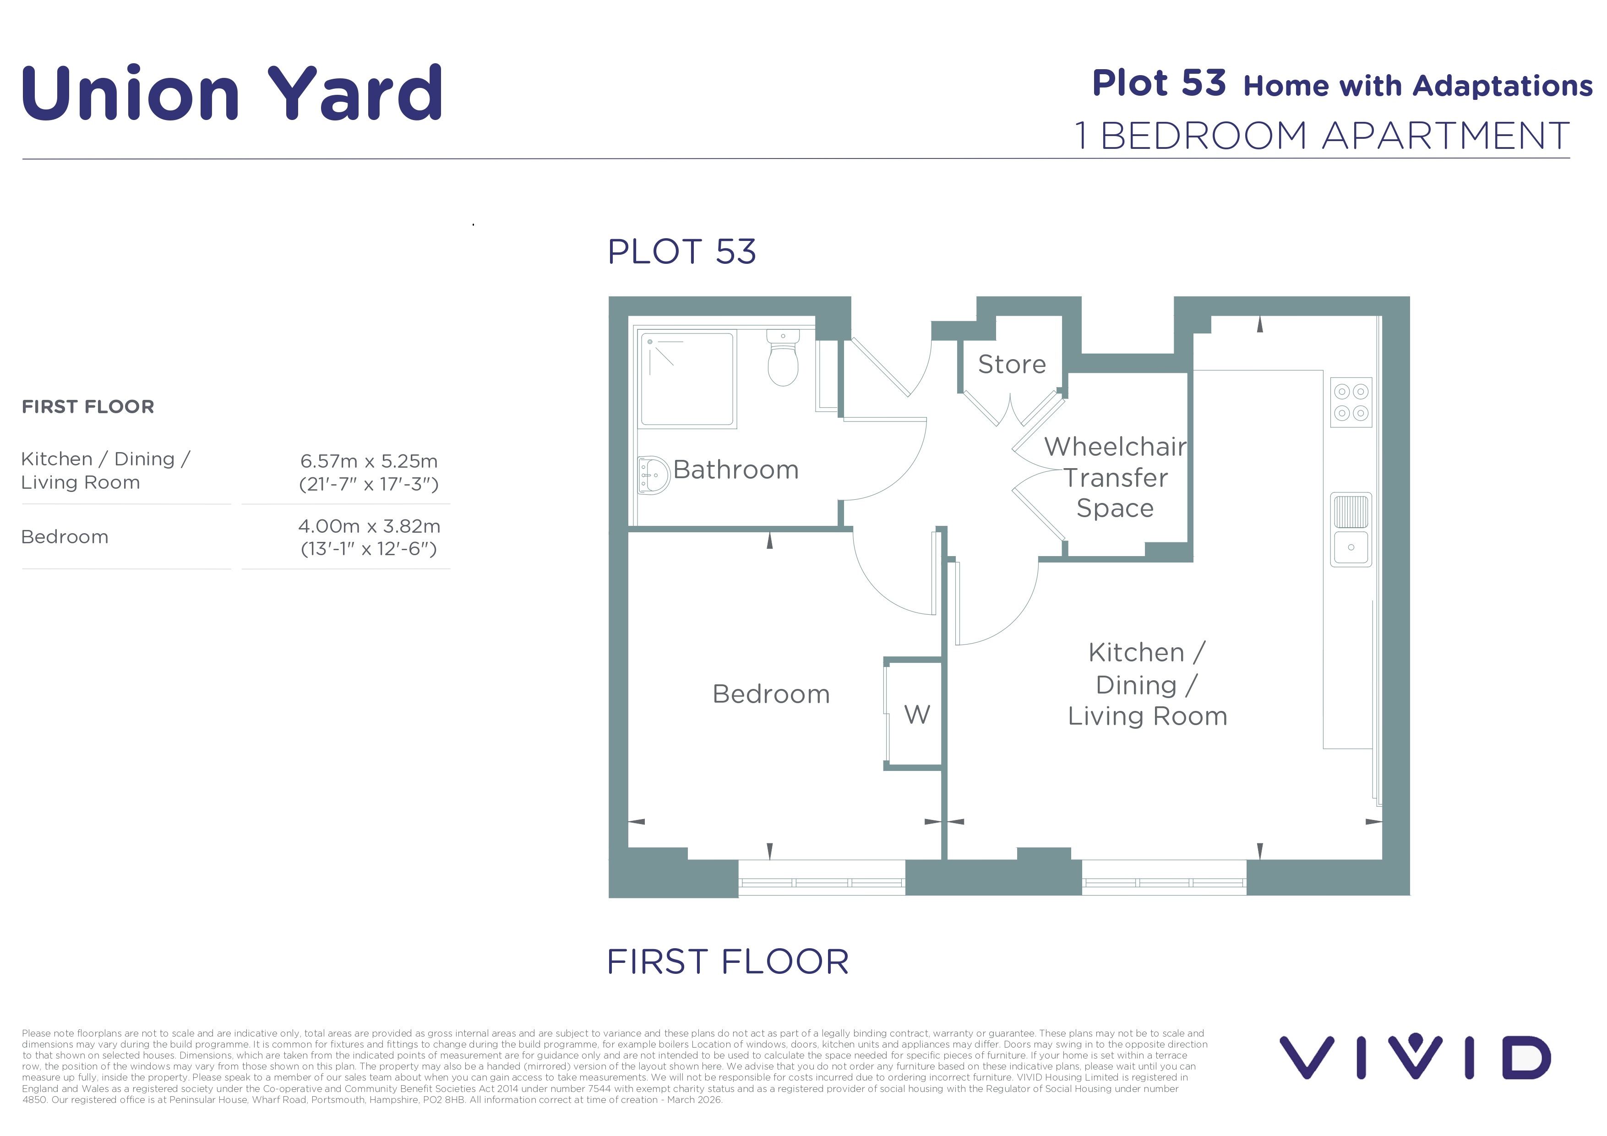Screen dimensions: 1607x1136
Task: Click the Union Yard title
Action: coord(232,93)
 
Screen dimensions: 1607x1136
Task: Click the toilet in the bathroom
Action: coord(783,358)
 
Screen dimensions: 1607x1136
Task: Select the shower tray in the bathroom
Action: coord(687,379)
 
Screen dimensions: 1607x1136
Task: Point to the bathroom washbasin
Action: coord(654,475)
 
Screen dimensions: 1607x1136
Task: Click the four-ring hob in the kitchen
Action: coord(1351,403)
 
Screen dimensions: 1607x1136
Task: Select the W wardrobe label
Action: coord(917,715)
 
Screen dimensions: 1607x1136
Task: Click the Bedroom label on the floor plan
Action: coord(771,694)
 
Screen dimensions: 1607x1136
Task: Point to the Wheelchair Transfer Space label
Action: coord(1116,477)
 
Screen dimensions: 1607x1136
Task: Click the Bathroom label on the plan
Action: coord(735,469)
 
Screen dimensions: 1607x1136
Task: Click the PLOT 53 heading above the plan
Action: coord(682,251)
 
